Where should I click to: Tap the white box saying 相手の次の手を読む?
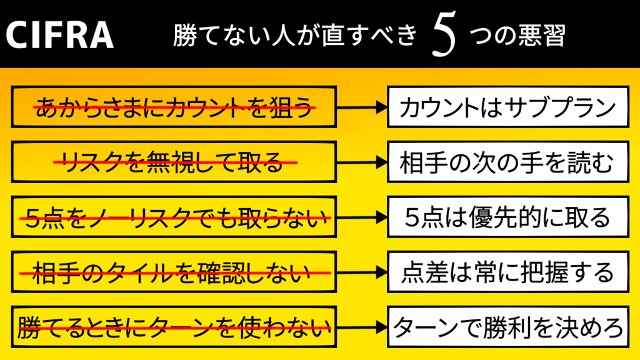point(507,162)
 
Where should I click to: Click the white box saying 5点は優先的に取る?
point(507,217)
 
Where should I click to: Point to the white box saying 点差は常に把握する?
point(507,272)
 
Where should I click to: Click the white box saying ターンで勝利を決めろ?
point(507,326)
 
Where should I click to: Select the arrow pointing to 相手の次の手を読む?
point(362,162)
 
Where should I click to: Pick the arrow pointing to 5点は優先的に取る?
point(362,217)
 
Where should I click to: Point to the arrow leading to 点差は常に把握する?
point(362,272)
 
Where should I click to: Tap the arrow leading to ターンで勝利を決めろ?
point(362,326)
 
